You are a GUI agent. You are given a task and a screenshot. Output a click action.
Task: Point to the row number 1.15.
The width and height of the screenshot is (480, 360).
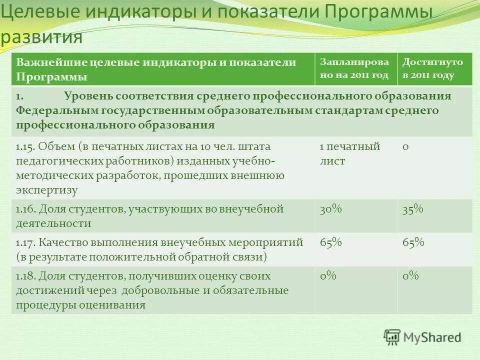[x=25, y=147]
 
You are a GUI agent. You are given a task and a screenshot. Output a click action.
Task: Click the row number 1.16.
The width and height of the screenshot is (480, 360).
[x=25, y=209]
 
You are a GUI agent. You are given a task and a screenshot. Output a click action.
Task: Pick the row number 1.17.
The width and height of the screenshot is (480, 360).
[x=25, y=242]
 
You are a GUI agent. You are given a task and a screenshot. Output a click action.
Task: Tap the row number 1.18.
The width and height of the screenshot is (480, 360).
[x=25, y=276]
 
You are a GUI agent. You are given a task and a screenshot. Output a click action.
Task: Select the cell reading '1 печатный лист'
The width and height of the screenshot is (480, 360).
[x=350, y=154]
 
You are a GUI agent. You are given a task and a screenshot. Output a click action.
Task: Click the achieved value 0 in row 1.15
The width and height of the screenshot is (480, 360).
[x=405, y=147]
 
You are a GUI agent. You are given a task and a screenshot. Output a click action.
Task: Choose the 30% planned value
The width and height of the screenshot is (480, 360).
[x=330, y=209]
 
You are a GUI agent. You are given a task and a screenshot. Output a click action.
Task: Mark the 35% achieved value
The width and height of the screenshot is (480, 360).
[x=413, y=209]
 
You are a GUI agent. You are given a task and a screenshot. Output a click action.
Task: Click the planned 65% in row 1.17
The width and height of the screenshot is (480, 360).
[x=330, y=242]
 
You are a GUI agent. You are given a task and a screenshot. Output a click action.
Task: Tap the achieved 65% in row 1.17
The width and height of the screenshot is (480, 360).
[x=413, y=242]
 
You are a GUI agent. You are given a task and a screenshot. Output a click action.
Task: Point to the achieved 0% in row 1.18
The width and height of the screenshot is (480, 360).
[x=410, y=276]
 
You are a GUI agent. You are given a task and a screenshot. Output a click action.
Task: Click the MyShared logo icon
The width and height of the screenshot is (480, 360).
[x=392, y=336]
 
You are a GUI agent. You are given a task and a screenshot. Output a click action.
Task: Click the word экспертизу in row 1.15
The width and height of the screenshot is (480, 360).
[x=47, y=190]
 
